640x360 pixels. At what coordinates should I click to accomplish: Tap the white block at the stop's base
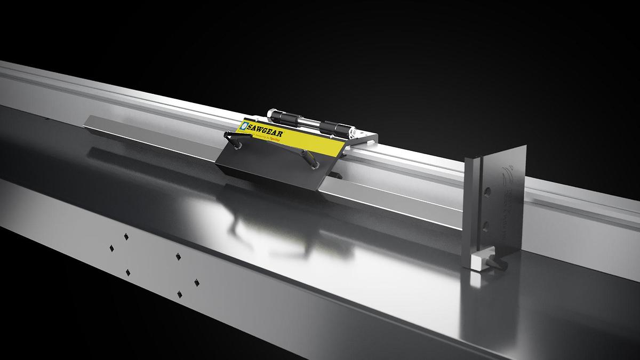[479, 261]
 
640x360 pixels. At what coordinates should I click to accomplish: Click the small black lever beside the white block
[495, 262]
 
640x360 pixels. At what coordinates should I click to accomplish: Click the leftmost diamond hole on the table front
[111, 248]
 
